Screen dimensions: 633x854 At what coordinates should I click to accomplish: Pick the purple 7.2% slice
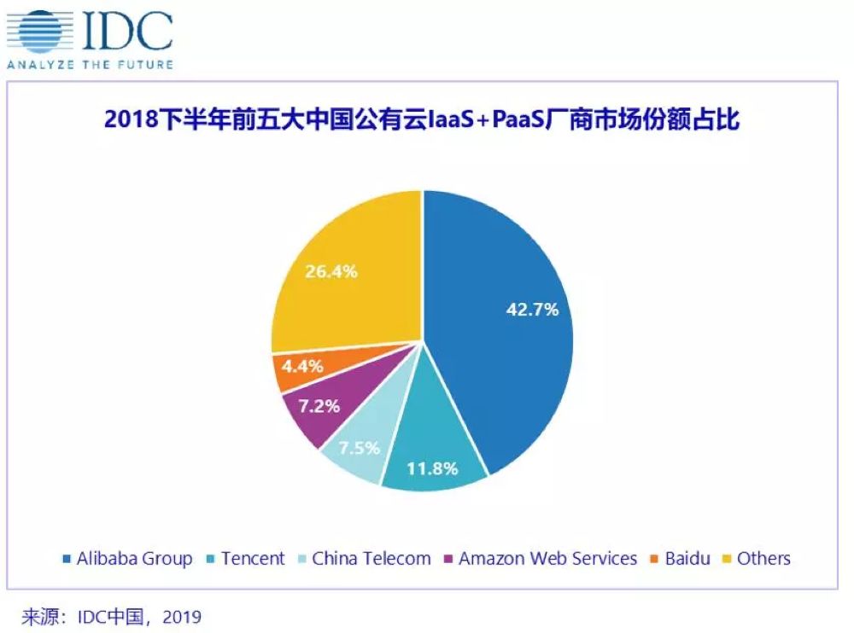tap(316, 408)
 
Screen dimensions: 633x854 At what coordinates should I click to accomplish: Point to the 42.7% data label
tap(530, 309)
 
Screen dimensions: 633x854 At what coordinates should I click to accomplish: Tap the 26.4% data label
tap(330, 272)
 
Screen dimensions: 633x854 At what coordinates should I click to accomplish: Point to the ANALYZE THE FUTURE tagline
tap(90, 64)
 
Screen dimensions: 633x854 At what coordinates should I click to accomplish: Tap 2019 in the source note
tap(181, 614)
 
